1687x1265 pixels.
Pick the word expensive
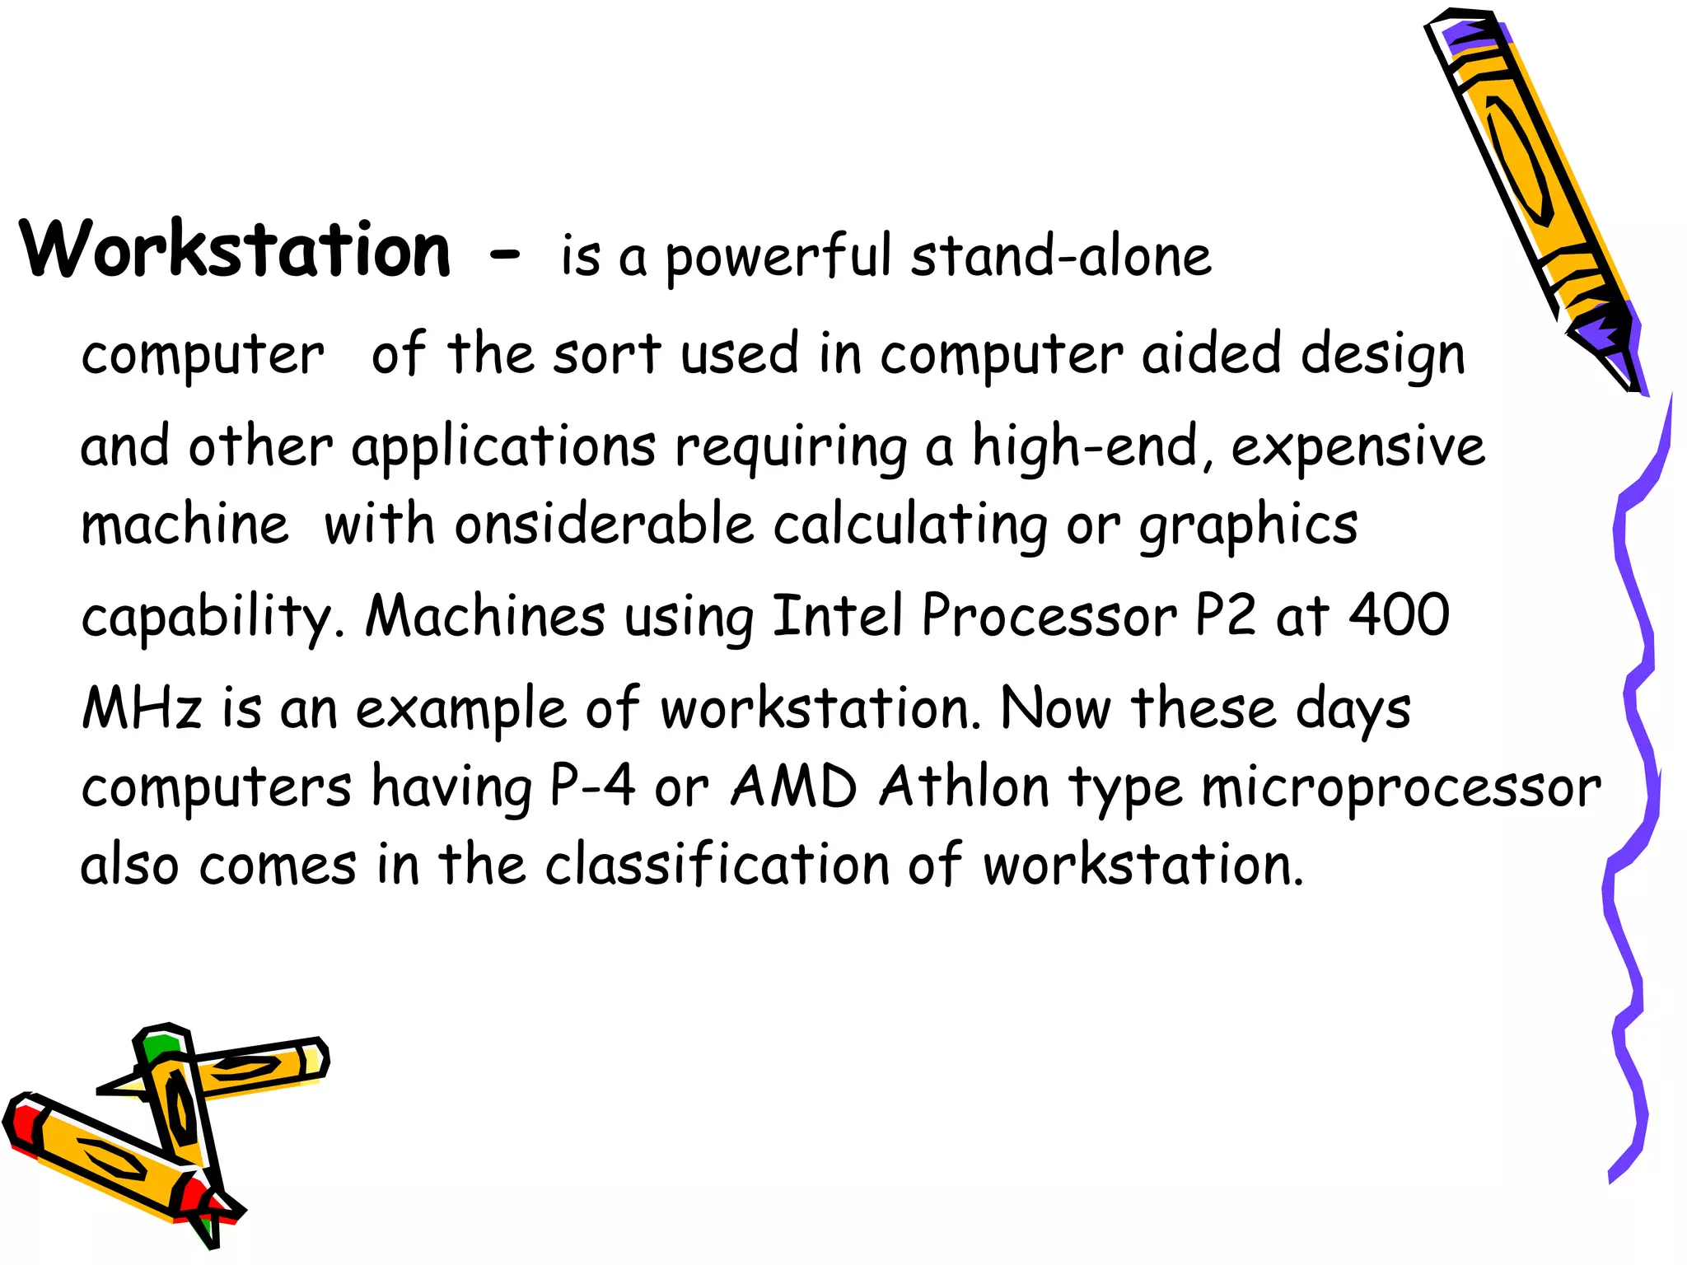[x=1358, y=447]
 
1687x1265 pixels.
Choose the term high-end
[x=1085, y=447]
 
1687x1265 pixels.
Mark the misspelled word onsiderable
[x=604, y=525]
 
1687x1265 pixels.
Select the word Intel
[x=837, y=615]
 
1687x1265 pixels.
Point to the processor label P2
[x=1225, y=615]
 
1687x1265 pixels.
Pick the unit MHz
[x=142, y=707]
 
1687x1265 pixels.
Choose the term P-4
[x=592, y=786]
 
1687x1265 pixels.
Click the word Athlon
[x=964, y=786]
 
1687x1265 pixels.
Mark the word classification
[x=717, y=864]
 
